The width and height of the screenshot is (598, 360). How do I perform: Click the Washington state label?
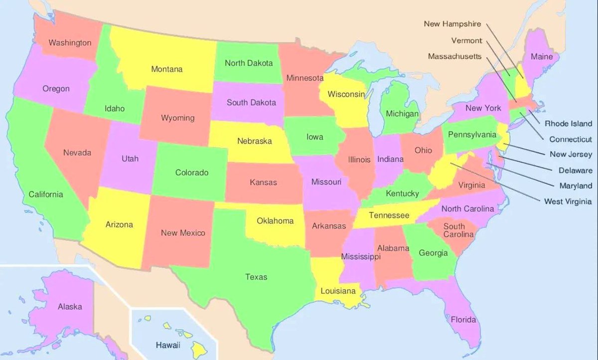(x=70, y=43)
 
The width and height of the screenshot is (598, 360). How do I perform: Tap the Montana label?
(x=167, y=69)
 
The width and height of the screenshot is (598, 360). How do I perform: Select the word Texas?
(x=256, y=277)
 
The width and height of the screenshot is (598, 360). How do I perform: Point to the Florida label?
(x=463, y=320)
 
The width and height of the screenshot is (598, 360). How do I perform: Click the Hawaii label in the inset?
(x=168, y=345)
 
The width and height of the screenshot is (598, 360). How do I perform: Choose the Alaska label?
(x=70, y=307)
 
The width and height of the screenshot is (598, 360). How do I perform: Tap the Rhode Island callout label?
(x=568, y=123)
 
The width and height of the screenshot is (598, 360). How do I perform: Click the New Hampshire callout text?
(x=452, y=24)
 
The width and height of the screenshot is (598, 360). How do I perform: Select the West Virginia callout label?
(x=568, y=201)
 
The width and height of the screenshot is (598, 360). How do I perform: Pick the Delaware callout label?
(x=575, y=170)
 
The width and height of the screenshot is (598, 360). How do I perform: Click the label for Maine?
(x=542, y=57)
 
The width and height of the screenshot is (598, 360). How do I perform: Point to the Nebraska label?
(x=254, y=141)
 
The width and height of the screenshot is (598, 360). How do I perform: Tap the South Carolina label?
(x=454, y=230)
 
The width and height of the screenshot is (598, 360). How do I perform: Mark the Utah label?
(x=130, y=159)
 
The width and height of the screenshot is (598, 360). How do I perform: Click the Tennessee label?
(x=389, y=215)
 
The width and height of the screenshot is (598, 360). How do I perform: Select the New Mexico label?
(x=183, y=233)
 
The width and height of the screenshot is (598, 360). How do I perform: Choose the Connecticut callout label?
(x=571, y=139)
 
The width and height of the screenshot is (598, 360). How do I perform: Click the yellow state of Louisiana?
(x=338, y=291)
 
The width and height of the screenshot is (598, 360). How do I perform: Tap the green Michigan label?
(x=402, y=114)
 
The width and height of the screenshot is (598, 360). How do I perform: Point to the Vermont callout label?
(x=466, y=40)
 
